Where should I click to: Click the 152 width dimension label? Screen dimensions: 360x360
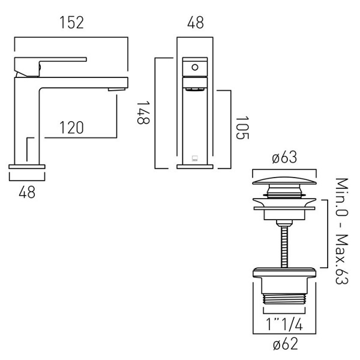(x=71, y=23)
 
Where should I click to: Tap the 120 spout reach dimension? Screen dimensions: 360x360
(x=71, y=128)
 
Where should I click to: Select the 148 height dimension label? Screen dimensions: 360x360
(x=143, y=113)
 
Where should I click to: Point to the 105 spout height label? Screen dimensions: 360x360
(x=242, y=128)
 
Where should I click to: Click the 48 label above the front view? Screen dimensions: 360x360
(x=195, y=23)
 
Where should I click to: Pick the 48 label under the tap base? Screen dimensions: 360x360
(x=27, y=192)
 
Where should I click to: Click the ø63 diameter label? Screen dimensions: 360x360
(x=284, y=157)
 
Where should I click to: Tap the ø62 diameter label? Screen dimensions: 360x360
(x=286, y=344)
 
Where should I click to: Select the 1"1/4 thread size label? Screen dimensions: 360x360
(x=284, y=324)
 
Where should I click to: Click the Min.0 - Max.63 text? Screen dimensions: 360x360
(x=342, y=231)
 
